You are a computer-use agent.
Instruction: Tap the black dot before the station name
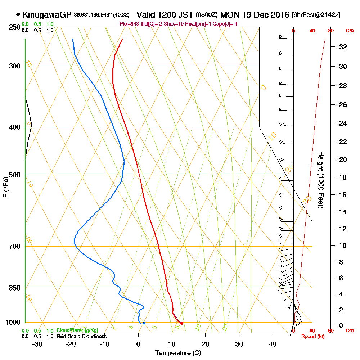(x=18, y=15)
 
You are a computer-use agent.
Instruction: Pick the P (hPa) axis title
(x=5, y=187)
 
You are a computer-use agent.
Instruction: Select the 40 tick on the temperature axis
(x=273, y=344)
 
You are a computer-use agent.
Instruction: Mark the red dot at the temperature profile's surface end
(x=182, y=323)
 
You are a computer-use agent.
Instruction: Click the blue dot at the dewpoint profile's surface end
(x=144, y=323)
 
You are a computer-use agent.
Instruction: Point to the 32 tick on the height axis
(x=343, y=47)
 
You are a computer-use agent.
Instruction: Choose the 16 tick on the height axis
(x=343, y=195)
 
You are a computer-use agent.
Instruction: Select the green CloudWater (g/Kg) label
(x=77, y=330)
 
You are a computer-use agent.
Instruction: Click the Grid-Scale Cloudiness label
(x=81, y=336)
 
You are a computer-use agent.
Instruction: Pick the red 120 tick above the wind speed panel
(x=349, y=31)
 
